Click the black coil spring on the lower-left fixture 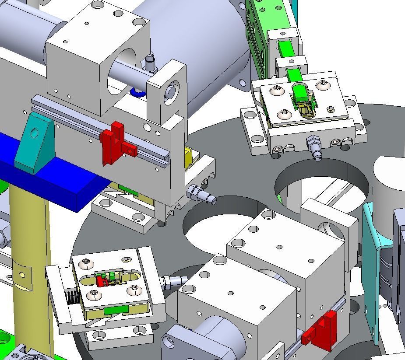(72, 298)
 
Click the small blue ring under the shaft (137, 93)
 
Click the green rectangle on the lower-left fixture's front (116, 310)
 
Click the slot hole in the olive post (21, 275)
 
